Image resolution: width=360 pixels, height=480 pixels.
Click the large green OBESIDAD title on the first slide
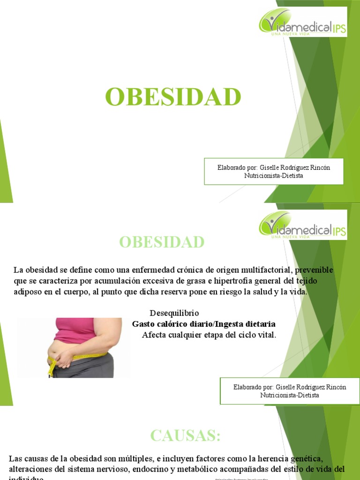coord(173,97)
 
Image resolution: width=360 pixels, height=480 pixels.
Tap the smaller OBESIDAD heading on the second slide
coord(162,242)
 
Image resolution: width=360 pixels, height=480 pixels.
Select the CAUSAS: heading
coord(185,435)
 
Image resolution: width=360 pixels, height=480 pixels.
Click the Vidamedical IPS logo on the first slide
coord(303,22)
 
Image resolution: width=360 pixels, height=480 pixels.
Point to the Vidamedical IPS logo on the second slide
coord(303,225)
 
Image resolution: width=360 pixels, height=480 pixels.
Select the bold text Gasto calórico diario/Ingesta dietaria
coord(204,324)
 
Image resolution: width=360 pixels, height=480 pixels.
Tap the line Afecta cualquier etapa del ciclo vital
coord(209,335)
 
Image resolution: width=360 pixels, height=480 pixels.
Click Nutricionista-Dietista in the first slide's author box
coord(274,176)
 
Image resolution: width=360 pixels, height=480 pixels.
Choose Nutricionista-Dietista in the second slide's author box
coord(290,395)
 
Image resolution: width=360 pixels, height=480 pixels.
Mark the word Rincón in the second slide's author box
coord(335,387)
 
